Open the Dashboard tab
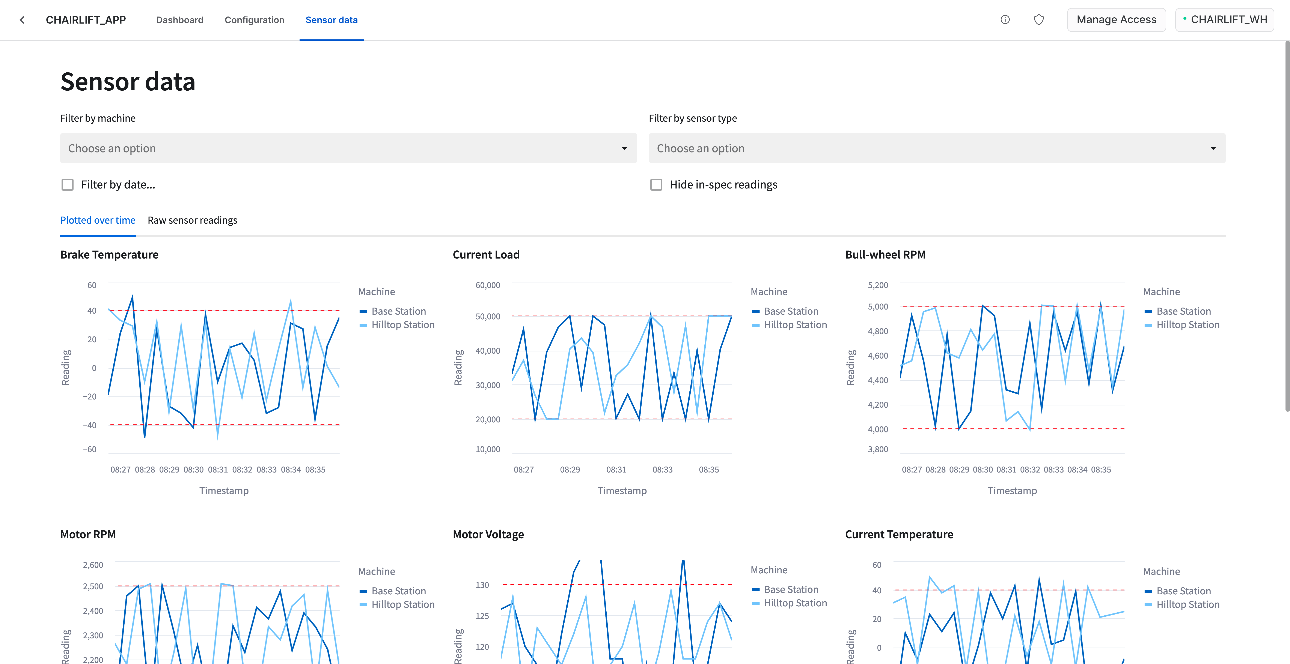(179, 20)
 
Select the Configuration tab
(254, 20)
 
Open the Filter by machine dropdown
(348, 148)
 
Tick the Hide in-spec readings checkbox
(656, 185)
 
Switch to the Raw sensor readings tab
(192, 220)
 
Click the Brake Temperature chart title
(109, 255)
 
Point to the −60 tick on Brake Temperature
(90, 449)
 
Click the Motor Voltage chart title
(488, 534)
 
